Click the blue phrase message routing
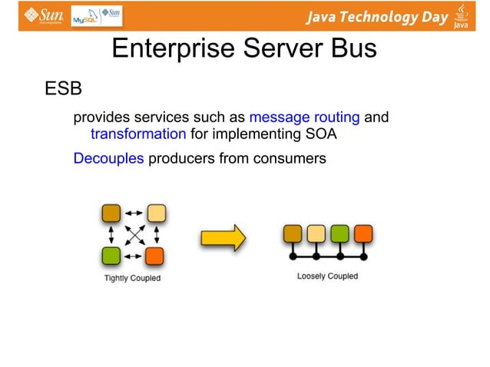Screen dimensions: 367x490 tap(304, 117)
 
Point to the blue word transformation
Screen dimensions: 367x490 tap(138, 135)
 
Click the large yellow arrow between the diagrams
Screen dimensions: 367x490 tap(223, 236)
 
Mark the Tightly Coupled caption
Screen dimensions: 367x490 tap(132, 278)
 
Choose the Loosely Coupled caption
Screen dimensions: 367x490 tap(327, 276)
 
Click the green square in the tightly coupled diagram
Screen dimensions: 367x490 tap(111, 256)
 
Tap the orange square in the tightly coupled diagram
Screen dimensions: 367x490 tap(156, 256)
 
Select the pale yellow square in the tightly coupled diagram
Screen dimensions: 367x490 tap(156, 213)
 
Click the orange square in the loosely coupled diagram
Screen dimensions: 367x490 tap(363, 233)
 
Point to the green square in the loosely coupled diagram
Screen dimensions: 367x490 tap(339, 233)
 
